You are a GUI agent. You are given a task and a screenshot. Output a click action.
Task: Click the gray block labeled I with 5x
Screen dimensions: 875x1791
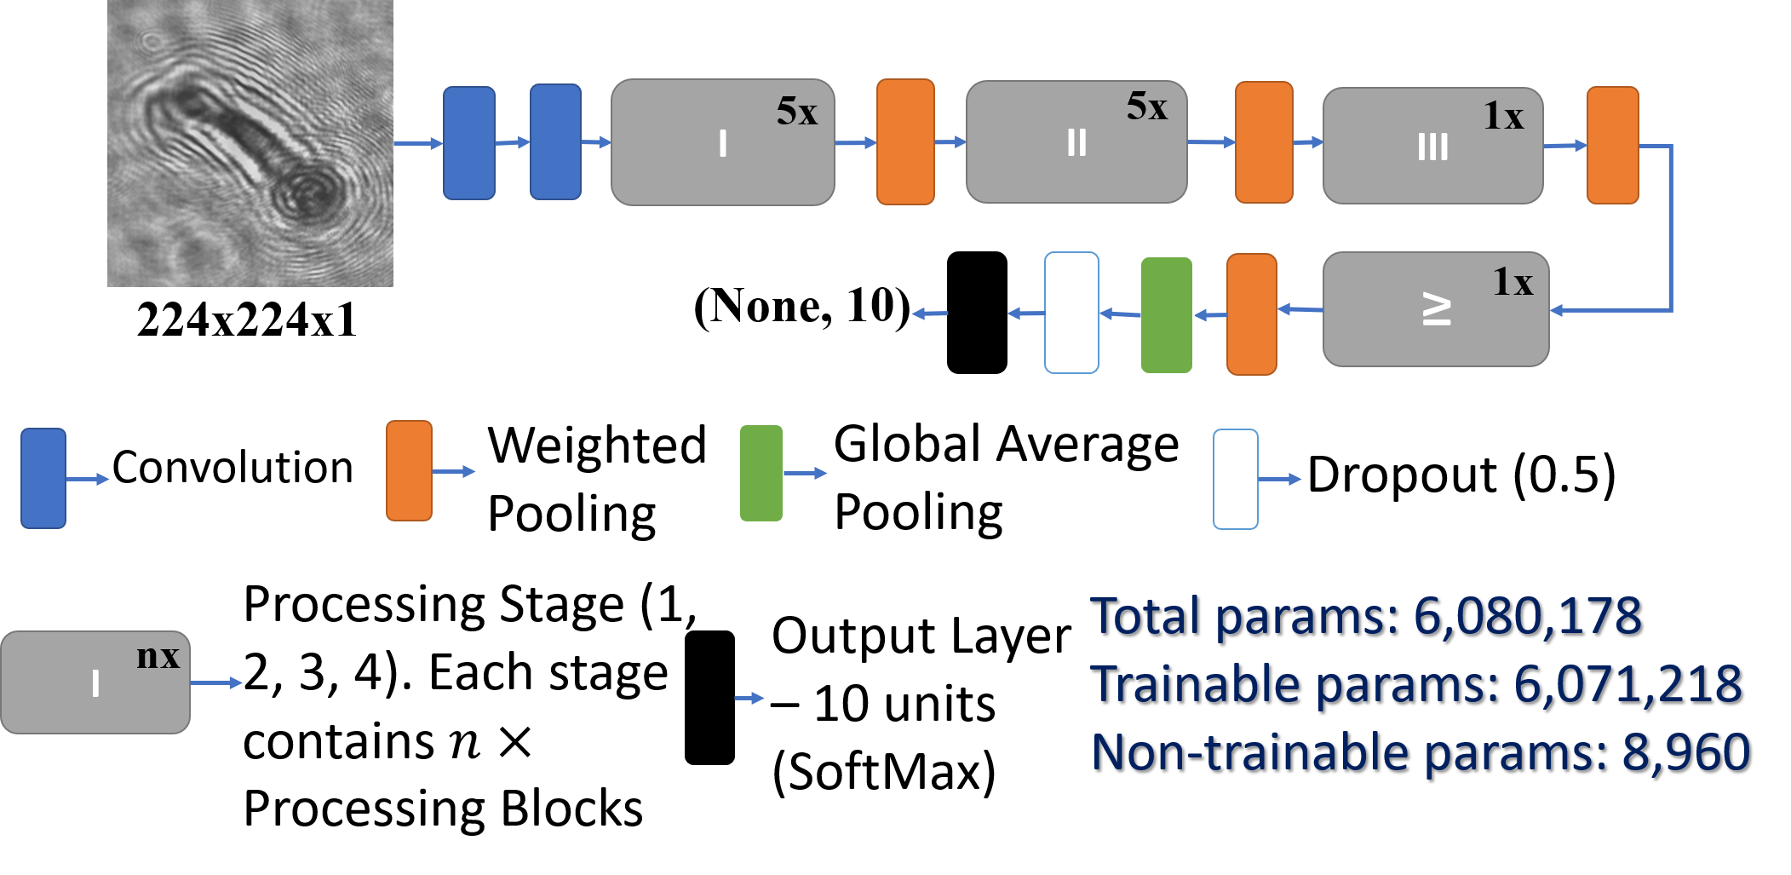point(722,142)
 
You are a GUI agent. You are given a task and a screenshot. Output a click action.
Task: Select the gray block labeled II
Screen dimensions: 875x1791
point(1076,142)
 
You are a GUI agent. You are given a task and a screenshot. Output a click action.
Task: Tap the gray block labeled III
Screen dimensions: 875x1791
point(1432,146)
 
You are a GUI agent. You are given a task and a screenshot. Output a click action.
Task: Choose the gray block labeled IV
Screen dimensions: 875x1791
point(1435,309)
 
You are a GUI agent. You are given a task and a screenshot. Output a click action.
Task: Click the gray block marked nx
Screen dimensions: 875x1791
point(95,682)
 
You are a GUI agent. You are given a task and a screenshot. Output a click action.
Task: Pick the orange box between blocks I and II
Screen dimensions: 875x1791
point(905,142)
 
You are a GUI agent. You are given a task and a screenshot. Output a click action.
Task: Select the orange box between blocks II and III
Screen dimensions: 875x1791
point(1264,142)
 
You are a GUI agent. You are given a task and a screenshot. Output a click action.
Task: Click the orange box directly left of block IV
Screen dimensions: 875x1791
point(1251,314)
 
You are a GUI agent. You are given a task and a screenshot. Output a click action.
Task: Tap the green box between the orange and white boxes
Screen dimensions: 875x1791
point(1166,315)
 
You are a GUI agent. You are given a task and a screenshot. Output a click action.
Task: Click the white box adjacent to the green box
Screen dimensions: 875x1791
point(1071,313)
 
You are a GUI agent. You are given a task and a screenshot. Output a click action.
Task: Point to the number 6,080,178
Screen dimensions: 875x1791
point(1527,616)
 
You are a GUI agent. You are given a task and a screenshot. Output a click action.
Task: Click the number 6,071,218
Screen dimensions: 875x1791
point(1627,684)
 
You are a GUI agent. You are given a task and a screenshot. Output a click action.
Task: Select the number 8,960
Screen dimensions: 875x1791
point(1685,752)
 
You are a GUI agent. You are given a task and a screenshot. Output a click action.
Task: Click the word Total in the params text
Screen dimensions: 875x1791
point(1145,616)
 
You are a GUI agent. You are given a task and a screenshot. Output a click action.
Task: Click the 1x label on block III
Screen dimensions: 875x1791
point(1503,116)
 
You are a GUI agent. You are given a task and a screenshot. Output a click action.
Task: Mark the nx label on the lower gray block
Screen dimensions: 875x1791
point(158,656)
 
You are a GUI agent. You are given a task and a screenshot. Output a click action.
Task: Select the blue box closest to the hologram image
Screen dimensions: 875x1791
point(468,143)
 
